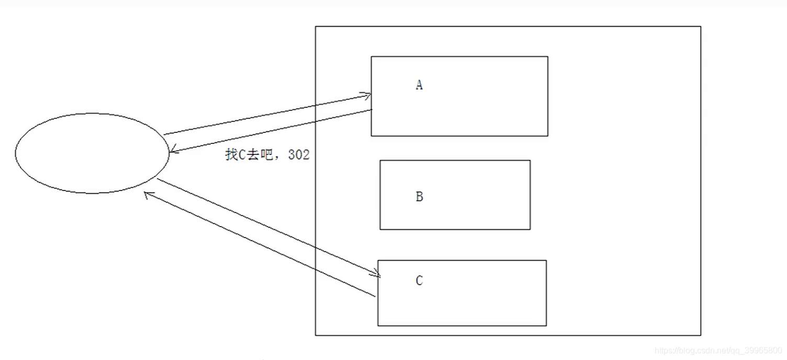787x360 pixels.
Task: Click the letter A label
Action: (x=419, y=85)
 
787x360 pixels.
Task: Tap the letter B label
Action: (x=419, y=197)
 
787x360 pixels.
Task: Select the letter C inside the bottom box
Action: (x=419, y=281)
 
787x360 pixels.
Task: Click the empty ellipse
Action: (x=92, y=153)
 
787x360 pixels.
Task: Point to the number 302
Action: (x=299, y=155)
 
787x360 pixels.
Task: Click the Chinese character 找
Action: (x=231, y=155)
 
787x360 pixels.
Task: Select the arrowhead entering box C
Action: (x=376, y=274)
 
